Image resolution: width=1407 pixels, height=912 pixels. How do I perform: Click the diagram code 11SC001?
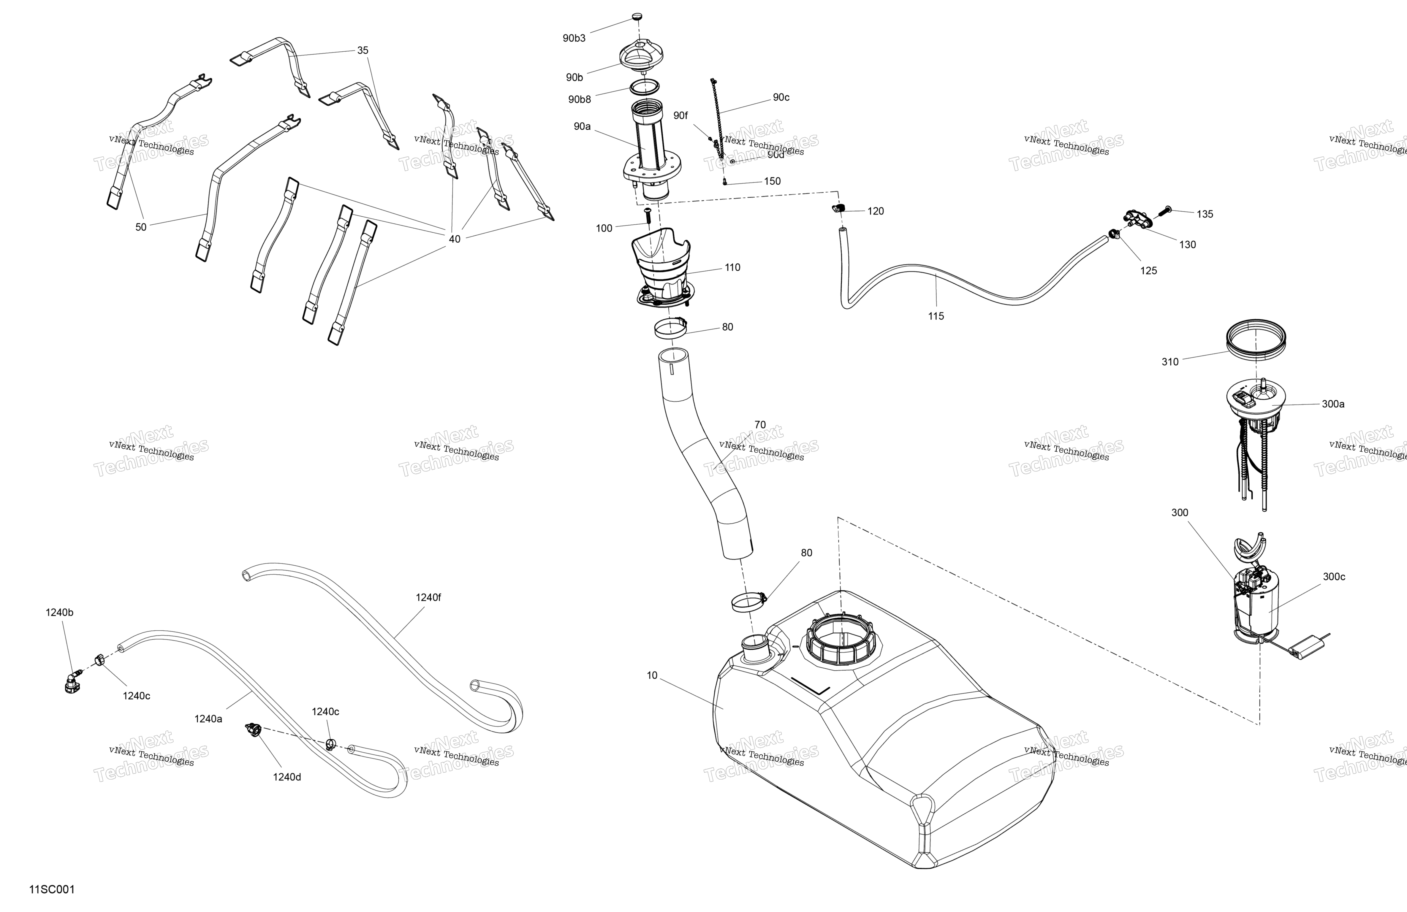click(x=52, y=889)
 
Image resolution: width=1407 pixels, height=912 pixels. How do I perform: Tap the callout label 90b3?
click(x=573, y=38)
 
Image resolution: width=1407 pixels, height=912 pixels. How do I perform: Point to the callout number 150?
click(x=772, y=181)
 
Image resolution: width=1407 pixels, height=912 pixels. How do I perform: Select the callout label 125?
click(x=1148, y=271)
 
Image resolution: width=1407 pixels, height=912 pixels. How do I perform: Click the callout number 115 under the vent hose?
click(x=936, y=316)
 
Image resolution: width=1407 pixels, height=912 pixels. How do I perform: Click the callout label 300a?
click(x=1333, y=404)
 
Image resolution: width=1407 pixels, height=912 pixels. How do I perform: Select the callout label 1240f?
click(x=428, y=597)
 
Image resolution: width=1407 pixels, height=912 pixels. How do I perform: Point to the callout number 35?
click(x=363, y=50)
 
